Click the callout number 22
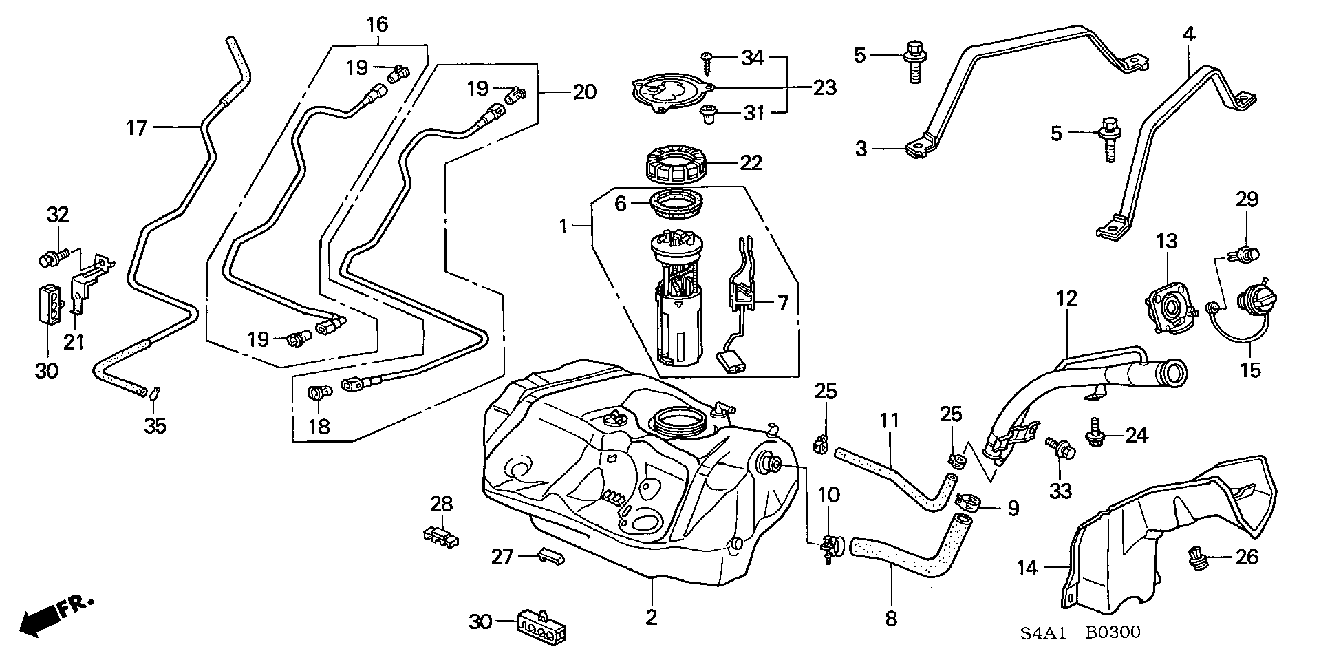(751, 163)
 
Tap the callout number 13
(1167, 242)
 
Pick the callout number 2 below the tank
(651, 617)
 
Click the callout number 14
(1027, 568)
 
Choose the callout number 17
(137, 127)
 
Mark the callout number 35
(155, 426)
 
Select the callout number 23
(824, 87)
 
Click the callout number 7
(782, 303)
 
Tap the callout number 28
(442, 504)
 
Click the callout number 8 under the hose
(891, 619)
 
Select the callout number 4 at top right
(1189, 33)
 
